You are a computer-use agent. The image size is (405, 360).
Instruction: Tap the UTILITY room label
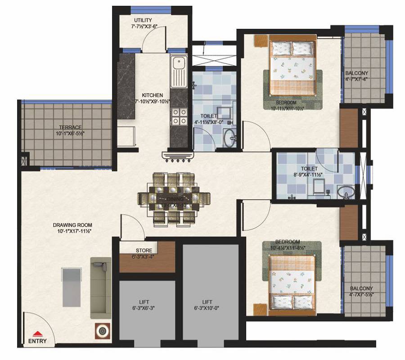coord(143,21)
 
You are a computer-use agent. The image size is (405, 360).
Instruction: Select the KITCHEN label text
coord(152,95)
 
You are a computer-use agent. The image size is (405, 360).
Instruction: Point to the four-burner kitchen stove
coord(178,117)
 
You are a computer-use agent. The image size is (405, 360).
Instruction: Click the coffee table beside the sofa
coord(72,287)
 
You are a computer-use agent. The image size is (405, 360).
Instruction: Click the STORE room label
coord(144,251)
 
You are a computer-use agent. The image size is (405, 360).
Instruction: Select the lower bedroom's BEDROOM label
coord(288,242)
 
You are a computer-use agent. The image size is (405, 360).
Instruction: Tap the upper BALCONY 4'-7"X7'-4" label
coord(357,73)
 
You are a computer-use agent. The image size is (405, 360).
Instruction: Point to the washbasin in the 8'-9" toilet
coord(347,193)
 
